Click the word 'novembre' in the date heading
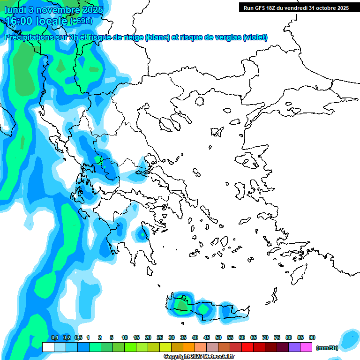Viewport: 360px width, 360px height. click(53, 9)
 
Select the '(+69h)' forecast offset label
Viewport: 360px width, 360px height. click(82, 21)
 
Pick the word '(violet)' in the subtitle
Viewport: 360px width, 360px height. click(255, 37)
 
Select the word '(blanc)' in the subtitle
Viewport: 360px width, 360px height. click(157, 37)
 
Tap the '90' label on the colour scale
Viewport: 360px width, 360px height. click(312, 337)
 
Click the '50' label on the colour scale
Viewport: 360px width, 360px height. click(218, 337)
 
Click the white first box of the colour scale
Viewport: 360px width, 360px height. click(48, 347)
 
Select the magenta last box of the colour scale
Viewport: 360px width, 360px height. click(306, 347)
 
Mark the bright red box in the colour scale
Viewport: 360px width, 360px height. click(247, 347)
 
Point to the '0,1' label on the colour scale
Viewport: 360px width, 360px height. click(54, 337)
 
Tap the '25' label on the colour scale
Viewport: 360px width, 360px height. click(160, 337)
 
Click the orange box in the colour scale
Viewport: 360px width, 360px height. click(189, 347)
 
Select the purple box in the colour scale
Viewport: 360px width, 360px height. click(294, 347)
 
